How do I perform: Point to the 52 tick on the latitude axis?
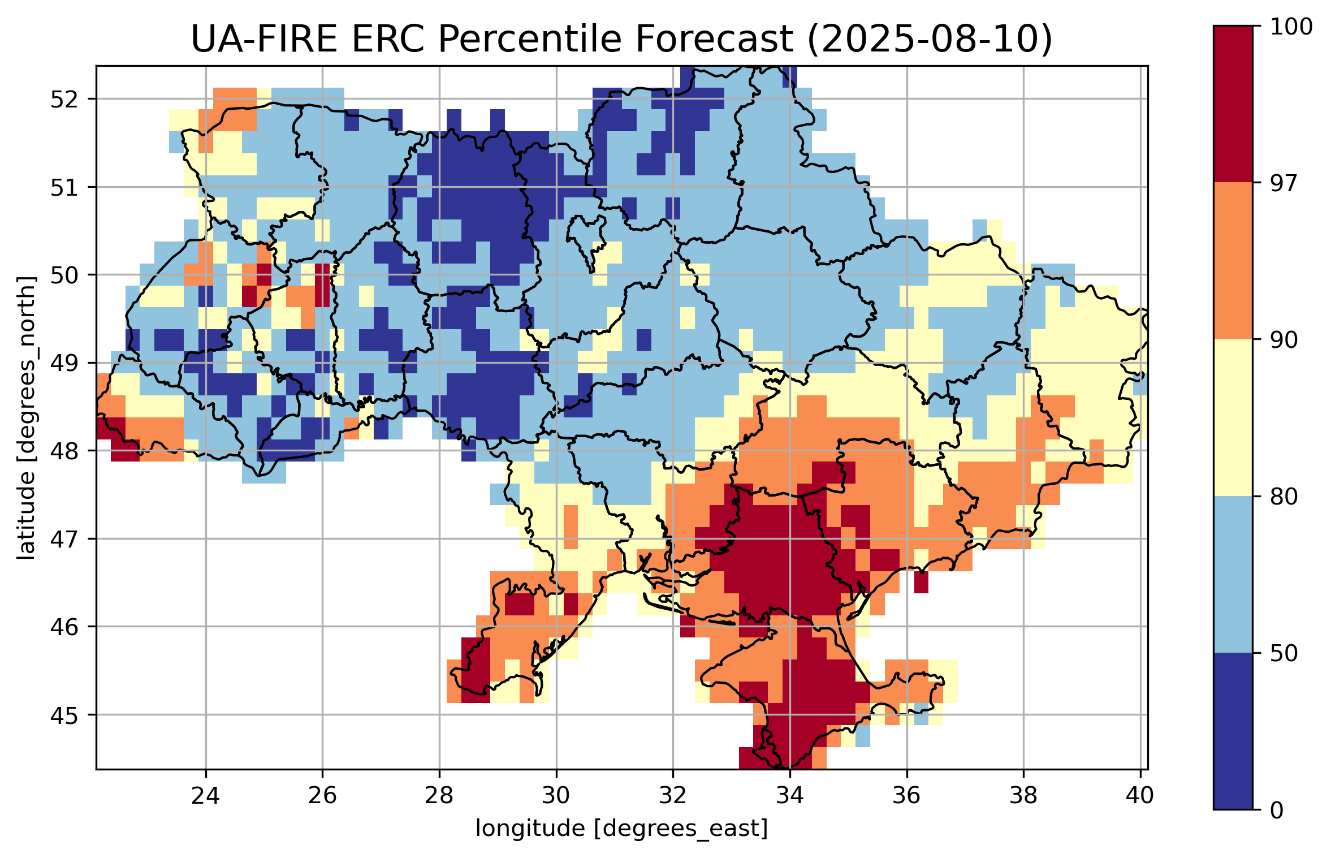click(x=64, y=100)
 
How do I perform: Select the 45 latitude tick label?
click(x=64, y=715)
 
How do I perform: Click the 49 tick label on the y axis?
click(x=64, y=363)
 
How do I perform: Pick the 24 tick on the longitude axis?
click(x=205, y=796)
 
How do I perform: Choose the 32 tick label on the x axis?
click(x=673, y=796)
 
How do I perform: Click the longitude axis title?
click(x=621, y=829)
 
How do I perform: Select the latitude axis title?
click(x=26, y=418)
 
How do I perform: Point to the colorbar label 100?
click(x=1291, y=27)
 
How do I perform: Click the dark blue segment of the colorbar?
click(x=1233, y=731)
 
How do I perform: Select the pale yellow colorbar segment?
click(x=1233, y=417)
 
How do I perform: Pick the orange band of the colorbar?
click(x=1233, y=261)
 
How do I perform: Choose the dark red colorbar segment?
click(x=1233, y=104)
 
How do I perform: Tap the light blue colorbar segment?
click(x=1233, y=575)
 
